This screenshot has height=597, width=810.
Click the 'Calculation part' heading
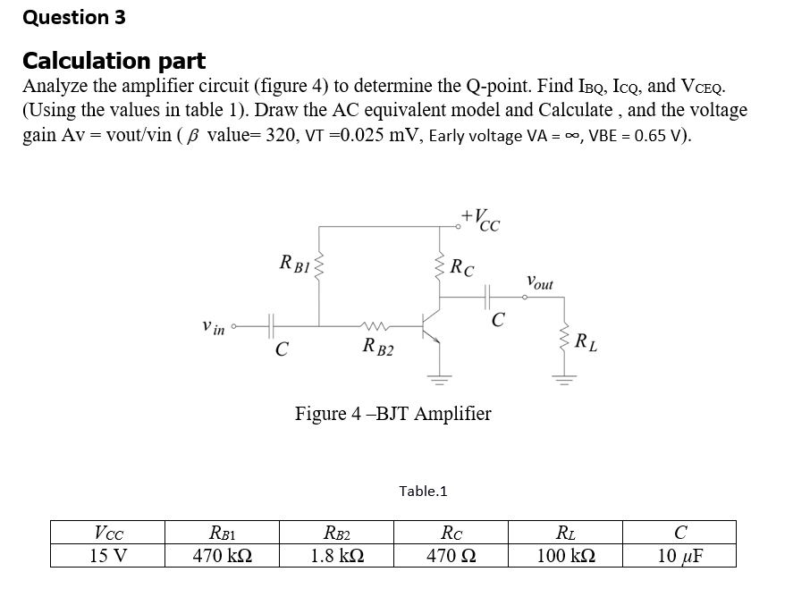pyautogui.click(x=114, y=61)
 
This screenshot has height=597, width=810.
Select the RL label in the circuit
pyautogui.click(x=586, y=341)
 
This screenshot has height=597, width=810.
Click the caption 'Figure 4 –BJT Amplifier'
pyautogui.click(x=392, y=413)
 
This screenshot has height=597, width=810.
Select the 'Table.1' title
pyautogui.click(x=423, y=491)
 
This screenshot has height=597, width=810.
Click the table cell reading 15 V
pyautogui.click(x=108, y=555)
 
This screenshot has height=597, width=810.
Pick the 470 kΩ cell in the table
pyautogui.click(x=223, y=555)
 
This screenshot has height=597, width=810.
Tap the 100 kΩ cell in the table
pyautogui.click(x=565, y=555)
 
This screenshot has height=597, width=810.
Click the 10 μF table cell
pyautogui.click(x=679, y=555)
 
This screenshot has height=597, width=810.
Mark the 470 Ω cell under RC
pyautogui.click(x=451, y=555)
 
